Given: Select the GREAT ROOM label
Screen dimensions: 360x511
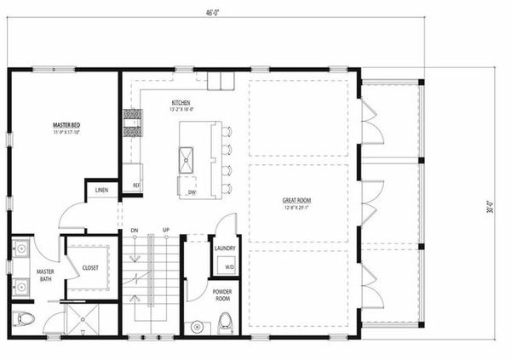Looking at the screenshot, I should pyautogui.click(x=296, y=201).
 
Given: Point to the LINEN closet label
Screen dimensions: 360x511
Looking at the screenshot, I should pyautogui.click(x=101, y=190).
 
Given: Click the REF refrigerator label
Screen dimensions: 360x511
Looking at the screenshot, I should pyautogui.click(x=135, y=185).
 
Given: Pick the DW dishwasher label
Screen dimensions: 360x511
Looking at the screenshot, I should pyautogui.click(x=192, y=192).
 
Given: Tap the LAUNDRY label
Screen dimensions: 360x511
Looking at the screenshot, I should pyautogui.click(x=225, y=249).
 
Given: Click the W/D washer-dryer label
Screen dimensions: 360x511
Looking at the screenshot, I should pyautogui.click(x=228, y=266).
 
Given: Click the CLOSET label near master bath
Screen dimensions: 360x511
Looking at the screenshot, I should pyautogui.click(x=90, y=267).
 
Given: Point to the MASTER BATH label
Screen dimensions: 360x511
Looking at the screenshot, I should pyautogui.click(x=45, y=276).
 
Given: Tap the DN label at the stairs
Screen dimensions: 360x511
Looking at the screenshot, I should pyautogui.click(x=134, y=231).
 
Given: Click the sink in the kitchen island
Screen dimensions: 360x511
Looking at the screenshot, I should pyautogui.click(x=186, y=157).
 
